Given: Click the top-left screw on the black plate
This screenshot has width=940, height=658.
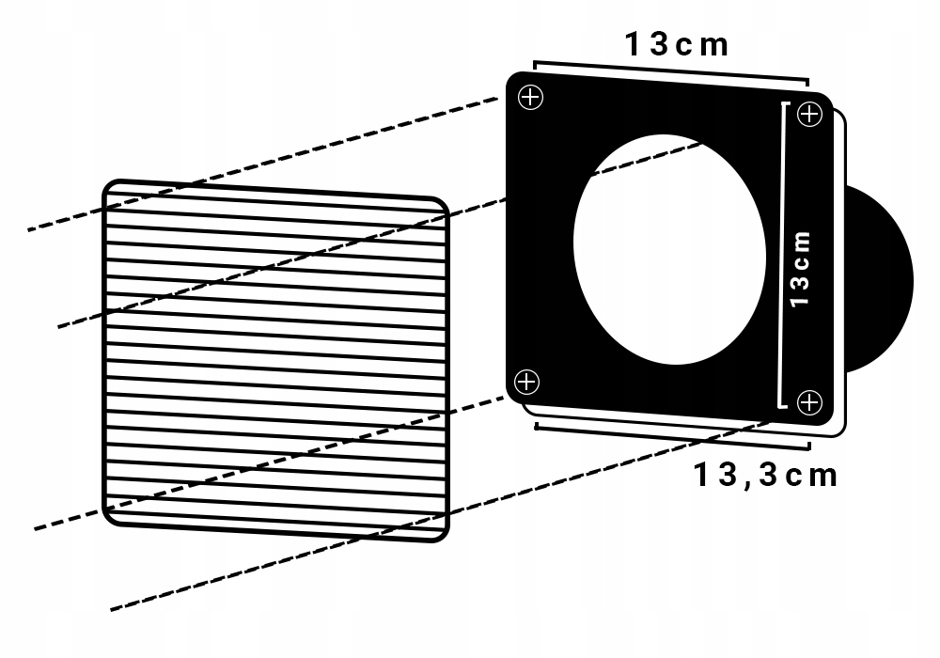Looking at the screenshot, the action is click(x=530, y=97).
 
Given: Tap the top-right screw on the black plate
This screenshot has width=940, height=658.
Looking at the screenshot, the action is click(x=810, y=114).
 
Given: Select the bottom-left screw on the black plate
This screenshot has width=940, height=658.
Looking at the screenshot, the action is click(x=527, y=382).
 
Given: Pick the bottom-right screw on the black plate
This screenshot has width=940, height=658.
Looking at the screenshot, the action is click(x=809, y=402).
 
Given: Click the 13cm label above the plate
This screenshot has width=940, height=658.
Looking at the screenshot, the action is click(x=677, y=45).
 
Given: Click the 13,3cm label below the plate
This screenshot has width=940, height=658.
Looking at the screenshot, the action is click(x=765, y=476).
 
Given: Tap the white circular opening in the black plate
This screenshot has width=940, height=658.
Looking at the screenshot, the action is click(x=669, y=249).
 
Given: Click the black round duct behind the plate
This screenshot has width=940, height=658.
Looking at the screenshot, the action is click(x=878, y=278).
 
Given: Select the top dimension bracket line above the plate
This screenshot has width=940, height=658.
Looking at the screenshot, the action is click(x=671, y=70).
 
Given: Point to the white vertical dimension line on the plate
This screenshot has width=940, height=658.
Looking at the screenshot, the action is click(x=783, y=256).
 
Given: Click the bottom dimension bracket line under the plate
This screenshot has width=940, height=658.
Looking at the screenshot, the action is click(x=672, y=436).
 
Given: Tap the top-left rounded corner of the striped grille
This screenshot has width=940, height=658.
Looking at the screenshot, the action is click(x=110, y=186).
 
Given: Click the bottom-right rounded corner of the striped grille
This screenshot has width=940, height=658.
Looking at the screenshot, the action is click(x=443, y=536).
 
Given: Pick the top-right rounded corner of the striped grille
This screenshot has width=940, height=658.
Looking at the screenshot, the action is click(x=443, y=202).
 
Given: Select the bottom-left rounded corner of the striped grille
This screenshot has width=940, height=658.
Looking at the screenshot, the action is click(x=110, y=519).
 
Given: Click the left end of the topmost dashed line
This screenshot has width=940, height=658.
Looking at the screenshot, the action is click(x=29, y=229).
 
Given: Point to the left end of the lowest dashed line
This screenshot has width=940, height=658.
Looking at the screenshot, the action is click(x=112, y=610).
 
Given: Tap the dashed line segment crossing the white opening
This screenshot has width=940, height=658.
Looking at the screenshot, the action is click(x=647, y=159).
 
